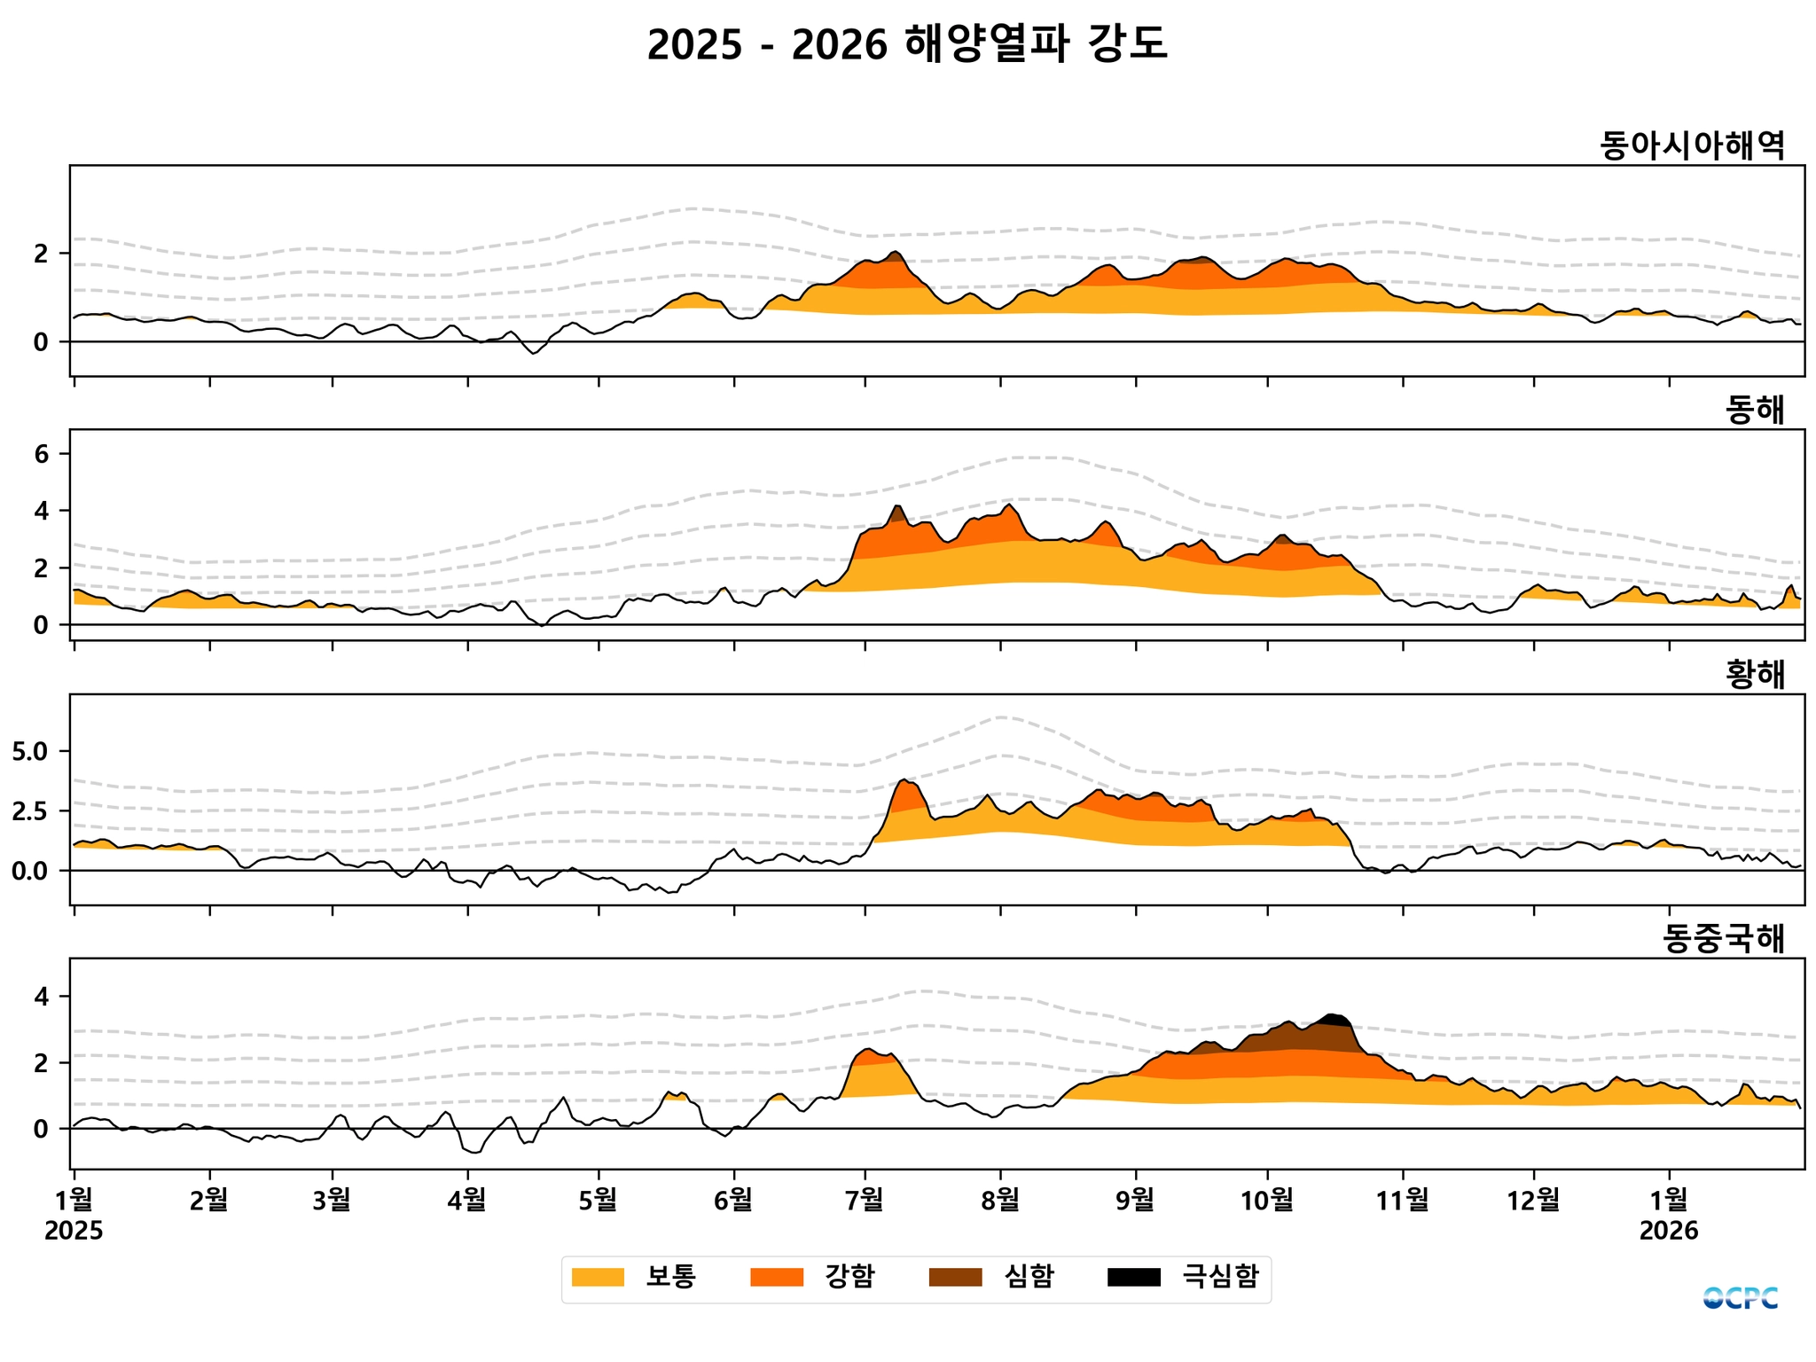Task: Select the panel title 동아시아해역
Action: [1692, 145]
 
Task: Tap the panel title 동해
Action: [1755, 410]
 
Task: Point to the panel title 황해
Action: [1755, 675]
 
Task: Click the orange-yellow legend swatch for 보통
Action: [598, 1277]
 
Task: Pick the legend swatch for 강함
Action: [777, 1277]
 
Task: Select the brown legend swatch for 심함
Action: [955, 1277]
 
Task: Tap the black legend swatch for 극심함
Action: [1133, 1277]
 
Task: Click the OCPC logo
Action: [1740, 1298]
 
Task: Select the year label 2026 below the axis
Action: [1669, 1231]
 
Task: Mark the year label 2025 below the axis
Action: [74, 1231]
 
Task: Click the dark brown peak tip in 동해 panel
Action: [897, 512]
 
